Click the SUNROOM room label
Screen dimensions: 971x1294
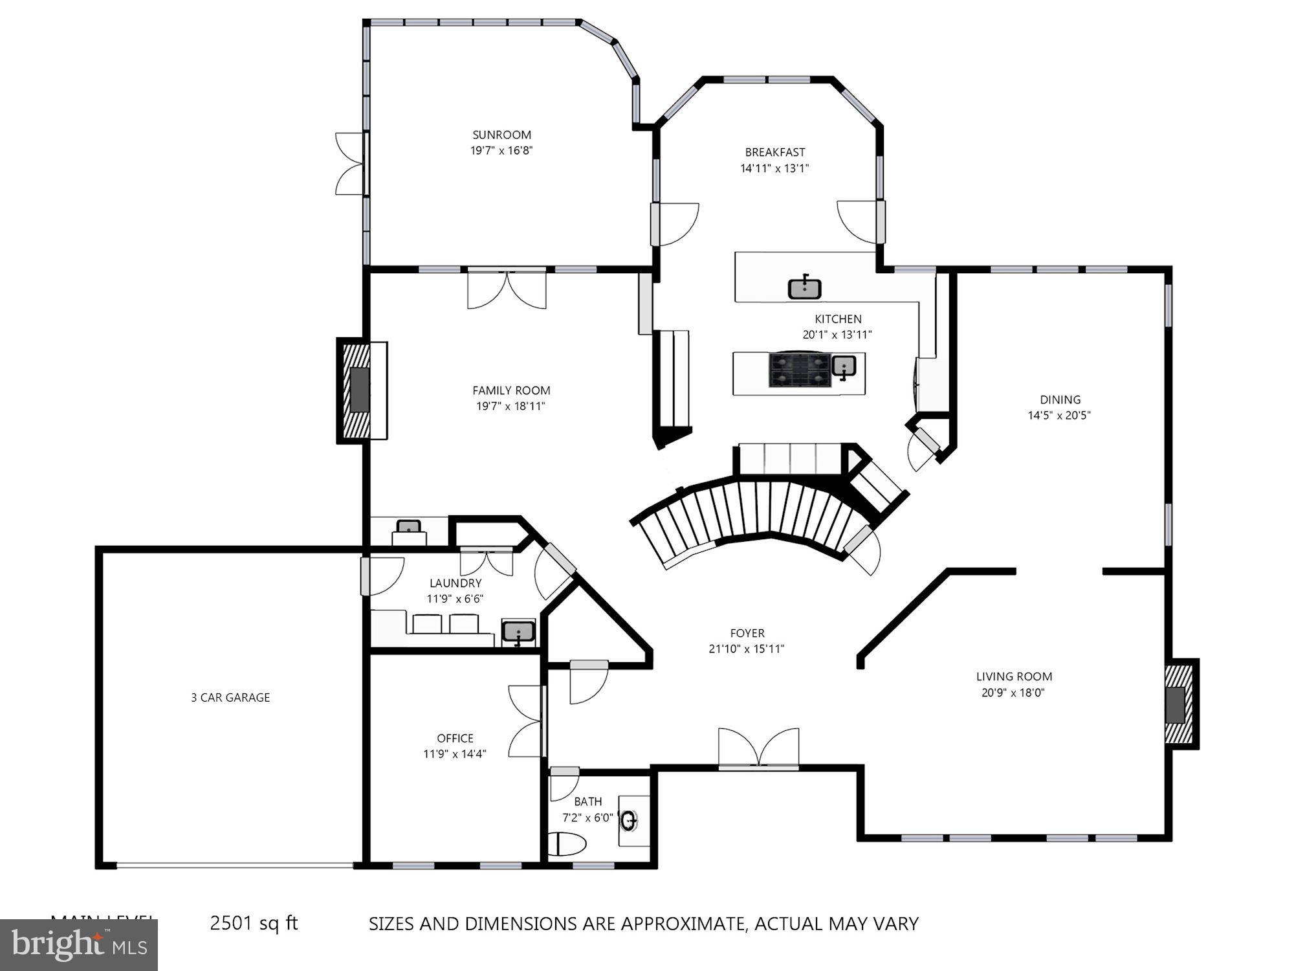(x=501, y=135)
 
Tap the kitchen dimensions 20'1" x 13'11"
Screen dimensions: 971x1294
(x=837, y=335)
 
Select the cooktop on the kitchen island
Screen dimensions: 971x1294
(x=799, y=370)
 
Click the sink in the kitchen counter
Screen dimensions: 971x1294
(x=804, y=287)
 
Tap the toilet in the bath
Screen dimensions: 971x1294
(x=567, y=844)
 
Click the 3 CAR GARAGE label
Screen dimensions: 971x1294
(x=230, y=697)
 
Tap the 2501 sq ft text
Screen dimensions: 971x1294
(x=254, y=923)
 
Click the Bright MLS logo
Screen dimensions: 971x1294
(x=79, y=945)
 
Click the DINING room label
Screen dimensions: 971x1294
(x=1060, y=399)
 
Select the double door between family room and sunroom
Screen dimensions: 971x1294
(x=507, y=288)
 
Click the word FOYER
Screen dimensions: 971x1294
(x=747, y=633)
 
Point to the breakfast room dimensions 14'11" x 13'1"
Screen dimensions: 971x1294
(x=774, y=168)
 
